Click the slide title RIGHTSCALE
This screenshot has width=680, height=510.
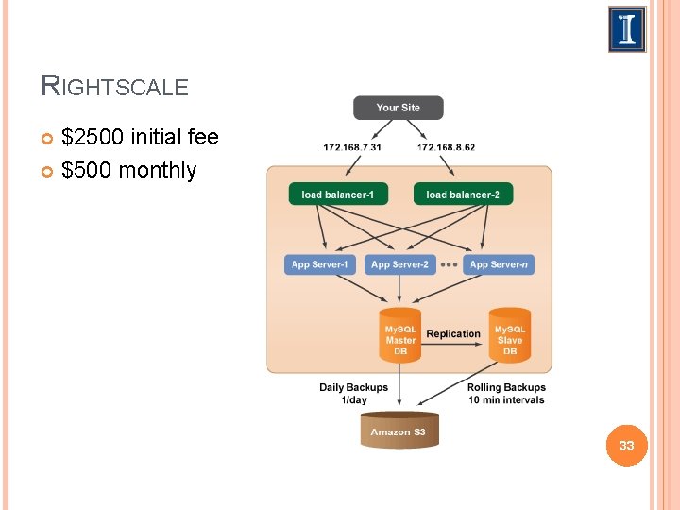(115, 87)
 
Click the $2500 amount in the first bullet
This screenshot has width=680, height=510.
(93, 138)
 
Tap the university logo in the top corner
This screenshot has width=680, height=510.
(627, 29)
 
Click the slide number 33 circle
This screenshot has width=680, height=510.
(626, 445)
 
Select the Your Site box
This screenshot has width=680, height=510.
(398, 108)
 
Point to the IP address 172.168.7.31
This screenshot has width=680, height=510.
(352, 147)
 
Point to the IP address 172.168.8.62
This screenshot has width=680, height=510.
(446, 147)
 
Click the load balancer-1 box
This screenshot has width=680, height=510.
(338, 195)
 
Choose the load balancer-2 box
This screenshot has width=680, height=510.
(463, 195)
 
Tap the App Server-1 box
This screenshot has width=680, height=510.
(319, 264)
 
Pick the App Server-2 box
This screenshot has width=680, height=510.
(399, 264)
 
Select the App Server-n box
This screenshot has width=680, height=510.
(499, 264)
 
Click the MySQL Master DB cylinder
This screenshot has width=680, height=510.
(400, 335)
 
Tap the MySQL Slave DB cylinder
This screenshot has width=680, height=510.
(509, 335)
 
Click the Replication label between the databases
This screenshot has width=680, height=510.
(453, 333)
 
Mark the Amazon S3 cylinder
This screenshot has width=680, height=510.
(399, 431)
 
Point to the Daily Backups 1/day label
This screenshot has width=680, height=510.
(353, 393)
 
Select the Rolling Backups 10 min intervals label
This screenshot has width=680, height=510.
(506, 393)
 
